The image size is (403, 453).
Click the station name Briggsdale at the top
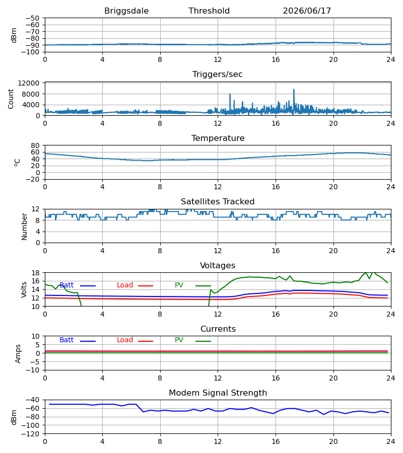(x=126, y=11)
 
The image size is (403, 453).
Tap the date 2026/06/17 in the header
(x=307, y=11)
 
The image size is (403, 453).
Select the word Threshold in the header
(x=209, y=11)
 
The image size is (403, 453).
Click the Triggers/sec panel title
(x=218, y=74)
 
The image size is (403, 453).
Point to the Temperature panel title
(x=218, y=138)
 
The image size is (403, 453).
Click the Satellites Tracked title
(x=218, y=202)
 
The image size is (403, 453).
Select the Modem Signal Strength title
(x=218, y=393)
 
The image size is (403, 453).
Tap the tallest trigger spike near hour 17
(x=294, y=90)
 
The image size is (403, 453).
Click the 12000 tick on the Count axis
(x=29, y=83)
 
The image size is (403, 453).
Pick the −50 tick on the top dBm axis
(x=32, y=18)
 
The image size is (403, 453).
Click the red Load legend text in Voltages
(x=125, y=285)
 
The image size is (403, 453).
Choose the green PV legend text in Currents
(x=179, y=340)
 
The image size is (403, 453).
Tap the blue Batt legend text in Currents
(x=66, y=340)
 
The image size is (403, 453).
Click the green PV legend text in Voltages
(x=179, y=285)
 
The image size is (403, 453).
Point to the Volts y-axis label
(x=24, y=289)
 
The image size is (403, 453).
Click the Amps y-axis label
(x=18, y=354)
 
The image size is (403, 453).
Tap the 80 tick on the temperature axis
(x=35, y=145)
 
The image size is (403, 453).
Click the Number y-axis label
(x=24, y=227)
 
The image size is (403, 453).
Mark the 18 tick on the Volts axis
(x=36, y=273)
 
